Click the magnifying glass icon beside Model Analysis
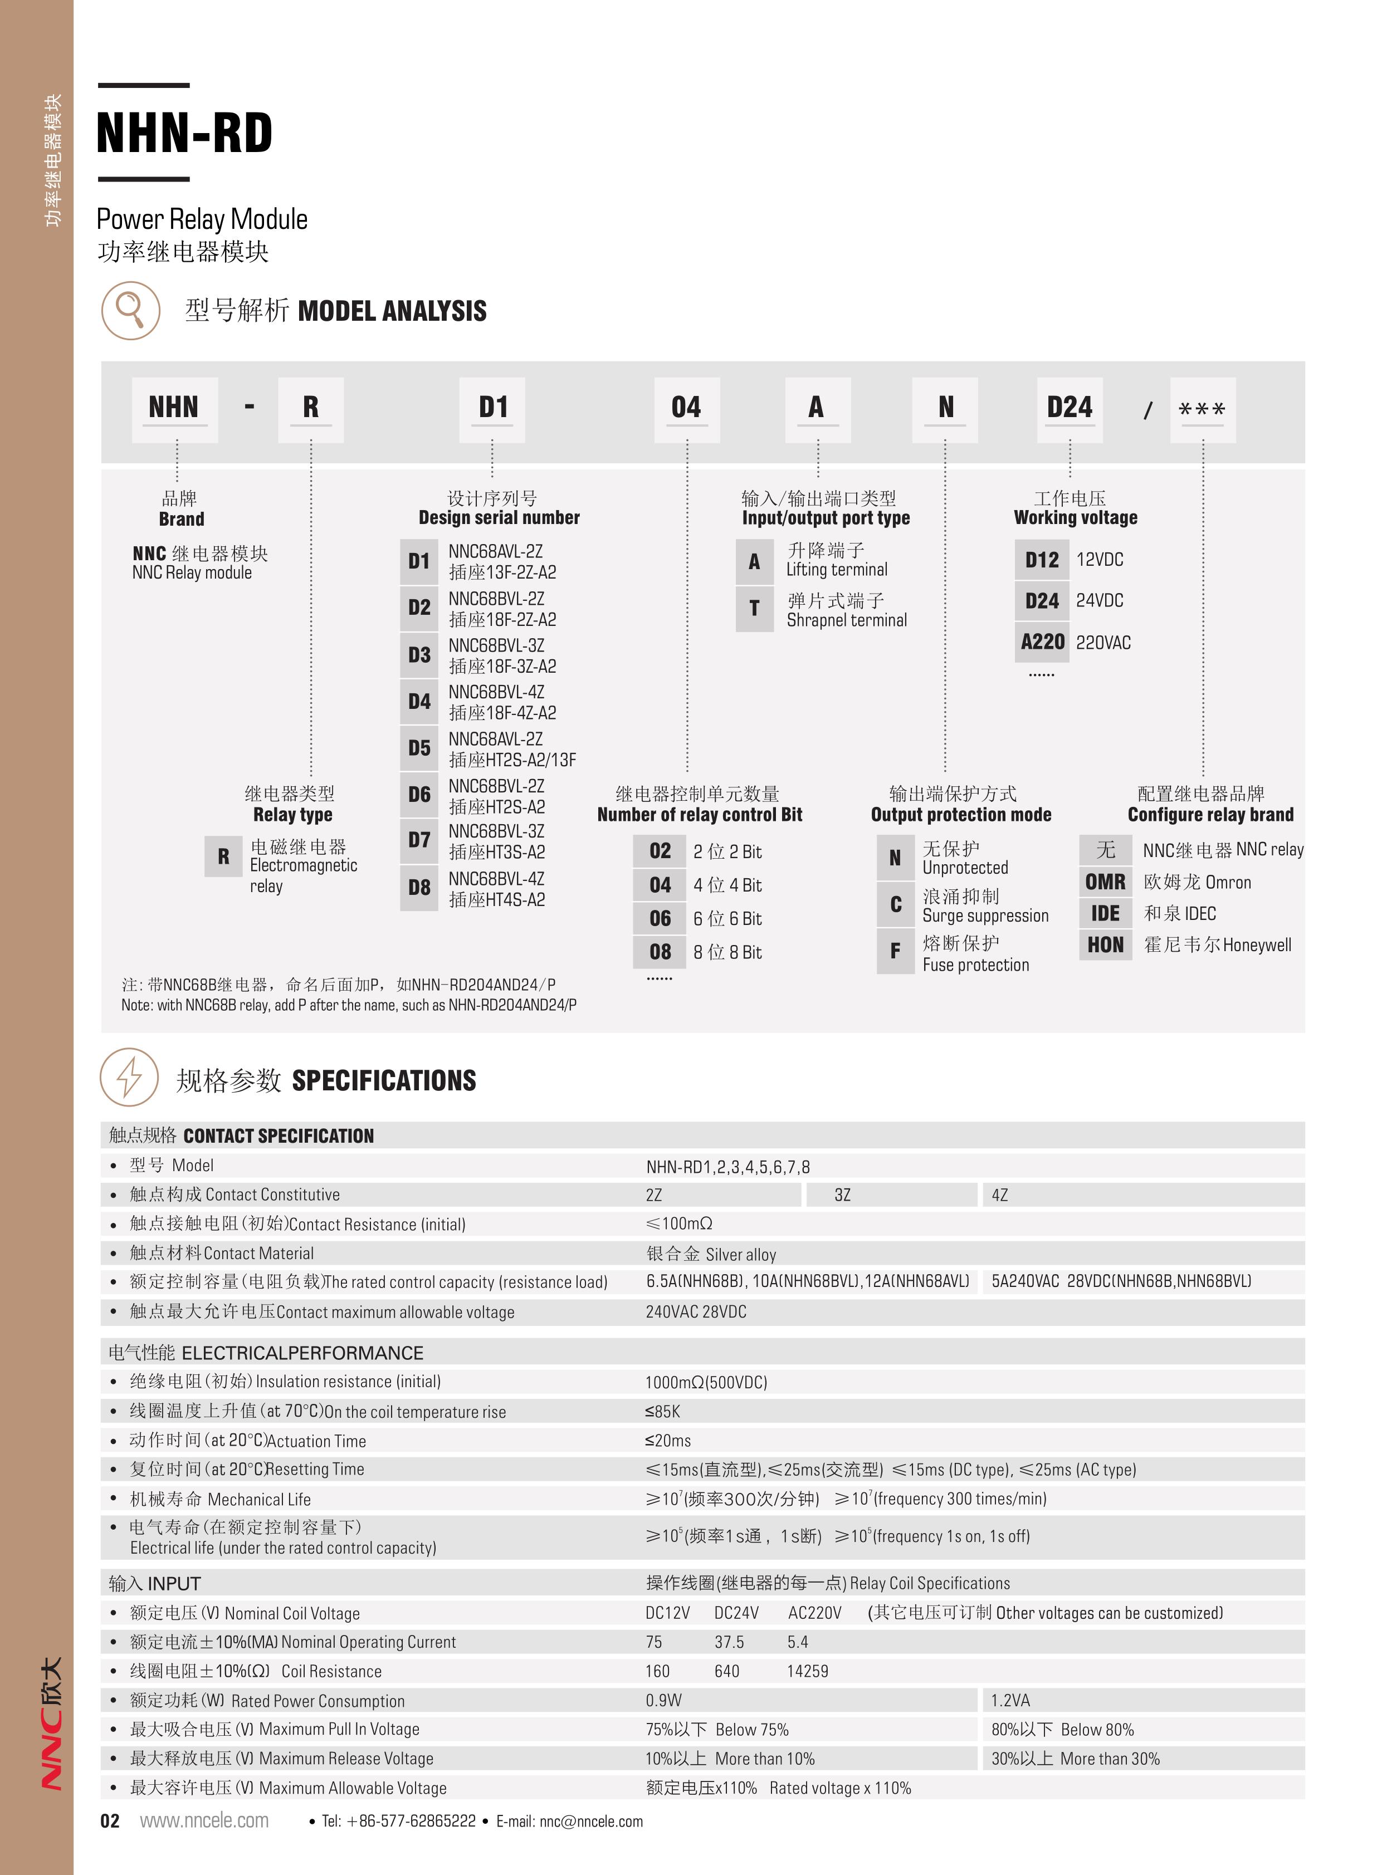coord(130,310)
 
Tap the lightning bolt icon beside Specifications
coord(129,1078)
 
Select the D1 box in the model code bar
coord(493,408)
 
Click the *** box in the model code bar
coord(1202,410)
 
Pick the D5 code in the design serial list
coord(419,748)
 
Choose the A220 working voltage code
coord(1042,642)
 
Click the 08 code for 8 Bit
coord(660,952)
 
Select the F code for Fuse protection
coord(895,951)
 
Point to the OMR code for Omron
coord(1105,882)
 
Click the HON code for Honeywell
coord(1105,945)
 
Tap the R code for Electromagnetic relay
coord(223,856)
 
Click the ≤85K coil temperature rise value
coord(662,1412)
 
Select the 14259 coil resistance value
coord(807,1671)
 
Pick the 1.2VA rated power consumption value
coord(1010,1700)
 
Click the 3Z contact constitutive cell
coord(842,1195)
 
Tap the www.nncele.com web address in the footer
coord(204,1820)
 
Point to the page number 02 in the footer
coord(110,1820)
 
